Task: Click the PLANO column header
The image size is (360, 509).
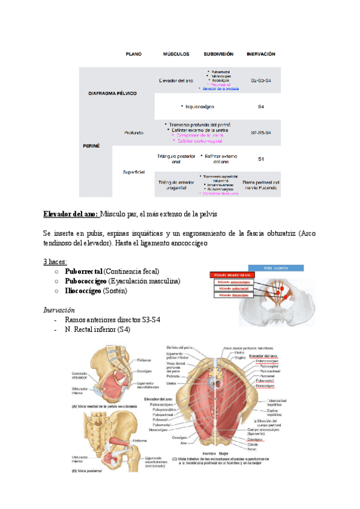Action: (x=133, y=54)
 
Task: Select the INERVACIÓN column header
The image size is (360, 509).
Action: (x=260, y=54)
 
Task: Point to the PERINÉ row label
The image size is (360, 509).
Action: (x=91, y=146)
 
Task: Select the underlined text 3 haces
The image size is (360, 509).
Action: (x=55, y=262)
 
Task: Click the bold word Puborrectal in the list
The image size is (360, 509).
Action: (x=83, y=271)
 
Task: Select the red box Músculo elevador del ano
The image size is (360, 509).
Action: (x=233, y=274)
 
